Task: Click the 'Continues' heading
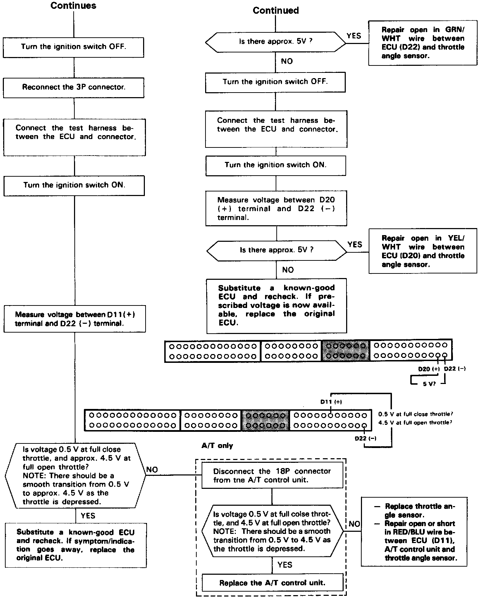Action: point(73,6)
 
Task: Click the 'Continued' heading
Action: point(276,11)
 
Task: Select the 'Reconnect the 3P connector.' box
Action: point(74,87)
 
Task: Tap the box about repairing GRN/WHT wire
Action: point(423,43)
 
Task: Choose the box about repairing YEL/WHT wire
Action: point(423,251)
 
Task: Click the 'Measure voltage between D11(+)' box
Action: point(75,319)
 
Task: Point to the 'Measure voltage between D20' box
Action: point(276,208)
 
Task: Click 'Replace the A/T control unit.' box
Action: point(272,583)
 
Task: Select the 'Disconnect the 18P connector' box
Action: point(272,475)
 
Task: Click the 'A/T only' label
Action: point(217,446)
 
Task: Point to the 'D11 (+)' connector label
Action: point(331,402)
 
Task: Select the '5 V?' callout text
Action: point(429,384)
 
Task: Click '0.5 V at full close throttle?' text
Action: point(416,414)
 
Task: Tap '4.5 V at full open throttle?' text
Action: point(415,422)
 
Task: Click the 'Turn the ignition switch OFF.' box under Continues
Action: point(73,47)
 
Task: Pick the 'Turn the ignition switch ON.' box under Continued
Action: point(276,165)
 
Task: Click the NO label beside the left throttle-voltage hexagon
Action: point(152,470)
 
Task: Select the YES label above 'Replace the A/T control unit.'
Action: point(285,565)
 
